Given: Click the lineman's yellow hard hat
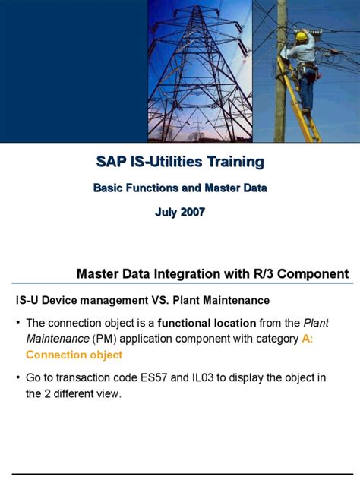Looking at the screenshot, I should [302, 36].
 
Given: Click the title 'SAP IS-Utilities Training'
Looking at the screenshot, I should [180, 162].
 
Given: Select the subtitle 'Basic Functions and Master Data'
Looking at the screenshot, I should [180, 187].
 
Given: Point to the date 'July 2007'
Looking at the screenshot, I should [180, 212].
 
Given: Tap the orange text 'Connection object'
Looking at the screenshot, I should [74, 355].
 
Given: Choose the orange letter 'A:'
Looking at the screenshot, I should [306, 339].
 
